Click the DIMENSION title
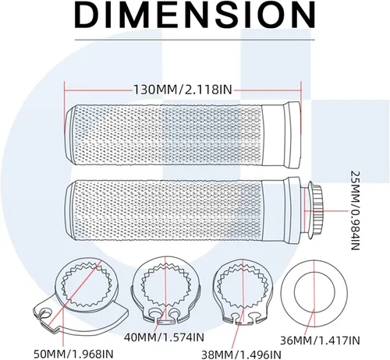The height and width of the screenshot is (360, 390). click(x=195, y=14)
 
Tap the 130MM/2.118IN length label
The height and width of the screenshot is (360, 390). click(x=183, y=90)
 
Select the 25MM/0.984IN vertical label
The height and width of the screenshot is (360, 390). click(x=356, y=210)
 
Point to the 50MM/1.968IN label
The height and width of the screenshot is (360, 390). click(x=73, y=354)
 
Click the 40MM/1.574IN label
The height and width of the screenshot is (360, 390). click(x=164, y=337)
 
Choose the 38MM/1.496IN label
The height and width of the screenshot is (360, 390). click(x=242, y=355)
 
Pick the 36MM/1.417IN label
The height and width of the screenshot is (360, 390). click(x=320, y=341)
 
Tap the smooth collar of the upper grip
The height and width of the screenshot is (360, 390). click(x=282, y=135)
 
